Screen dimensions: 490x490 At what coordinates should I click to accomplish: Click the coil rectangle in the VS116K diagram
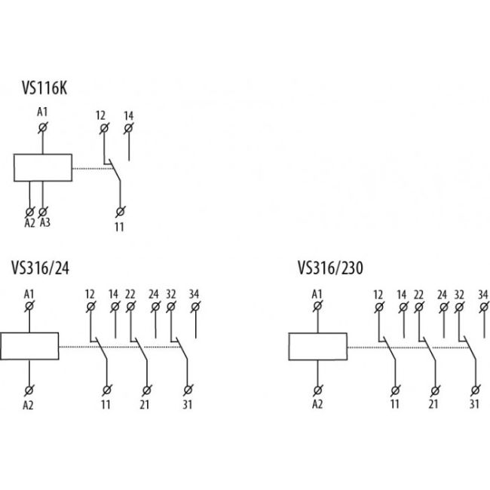point(42,168)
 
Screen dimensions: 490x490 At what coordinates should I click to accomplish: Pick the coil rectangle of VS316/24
point(29,346)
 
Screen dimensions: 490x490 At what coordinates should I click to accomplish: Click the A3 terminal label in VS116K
point(45,223)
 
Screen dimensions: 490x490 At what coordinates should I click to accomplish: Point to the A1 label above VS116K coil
point(43,113)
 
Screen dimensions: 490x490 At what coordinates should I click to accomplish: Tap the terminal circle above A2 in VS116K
point(31,211)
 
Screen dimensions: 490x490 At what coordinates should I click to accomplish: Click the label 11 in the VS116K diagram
point(120,225)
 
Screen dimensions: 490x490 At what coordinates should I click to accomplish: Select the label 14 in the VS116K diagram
point(129,115)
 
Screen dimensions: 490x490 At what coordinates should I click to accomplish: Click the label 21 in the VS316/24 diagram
point(146,403)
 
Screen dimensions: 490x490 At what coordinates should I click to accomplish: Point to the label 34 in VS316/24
point(195,293)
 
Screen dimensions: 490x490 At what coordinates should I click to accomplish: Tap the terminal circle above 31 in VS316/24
point(187,390)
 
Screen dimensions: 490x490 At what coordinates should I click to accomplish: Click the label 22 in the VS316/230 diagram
point(418,294)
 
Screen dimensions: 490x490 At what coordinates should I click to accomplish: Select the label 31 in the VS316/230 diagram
point(474,403)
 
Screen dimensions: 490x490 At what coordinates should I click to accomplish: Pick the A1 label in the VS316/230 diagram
point(317,293)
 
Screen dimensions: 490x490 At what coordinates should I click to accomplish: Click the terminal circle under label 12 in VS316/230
point(378,307)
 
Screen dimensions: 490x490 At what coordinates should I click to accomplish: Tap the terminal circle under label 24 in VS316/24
point(155,306)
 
